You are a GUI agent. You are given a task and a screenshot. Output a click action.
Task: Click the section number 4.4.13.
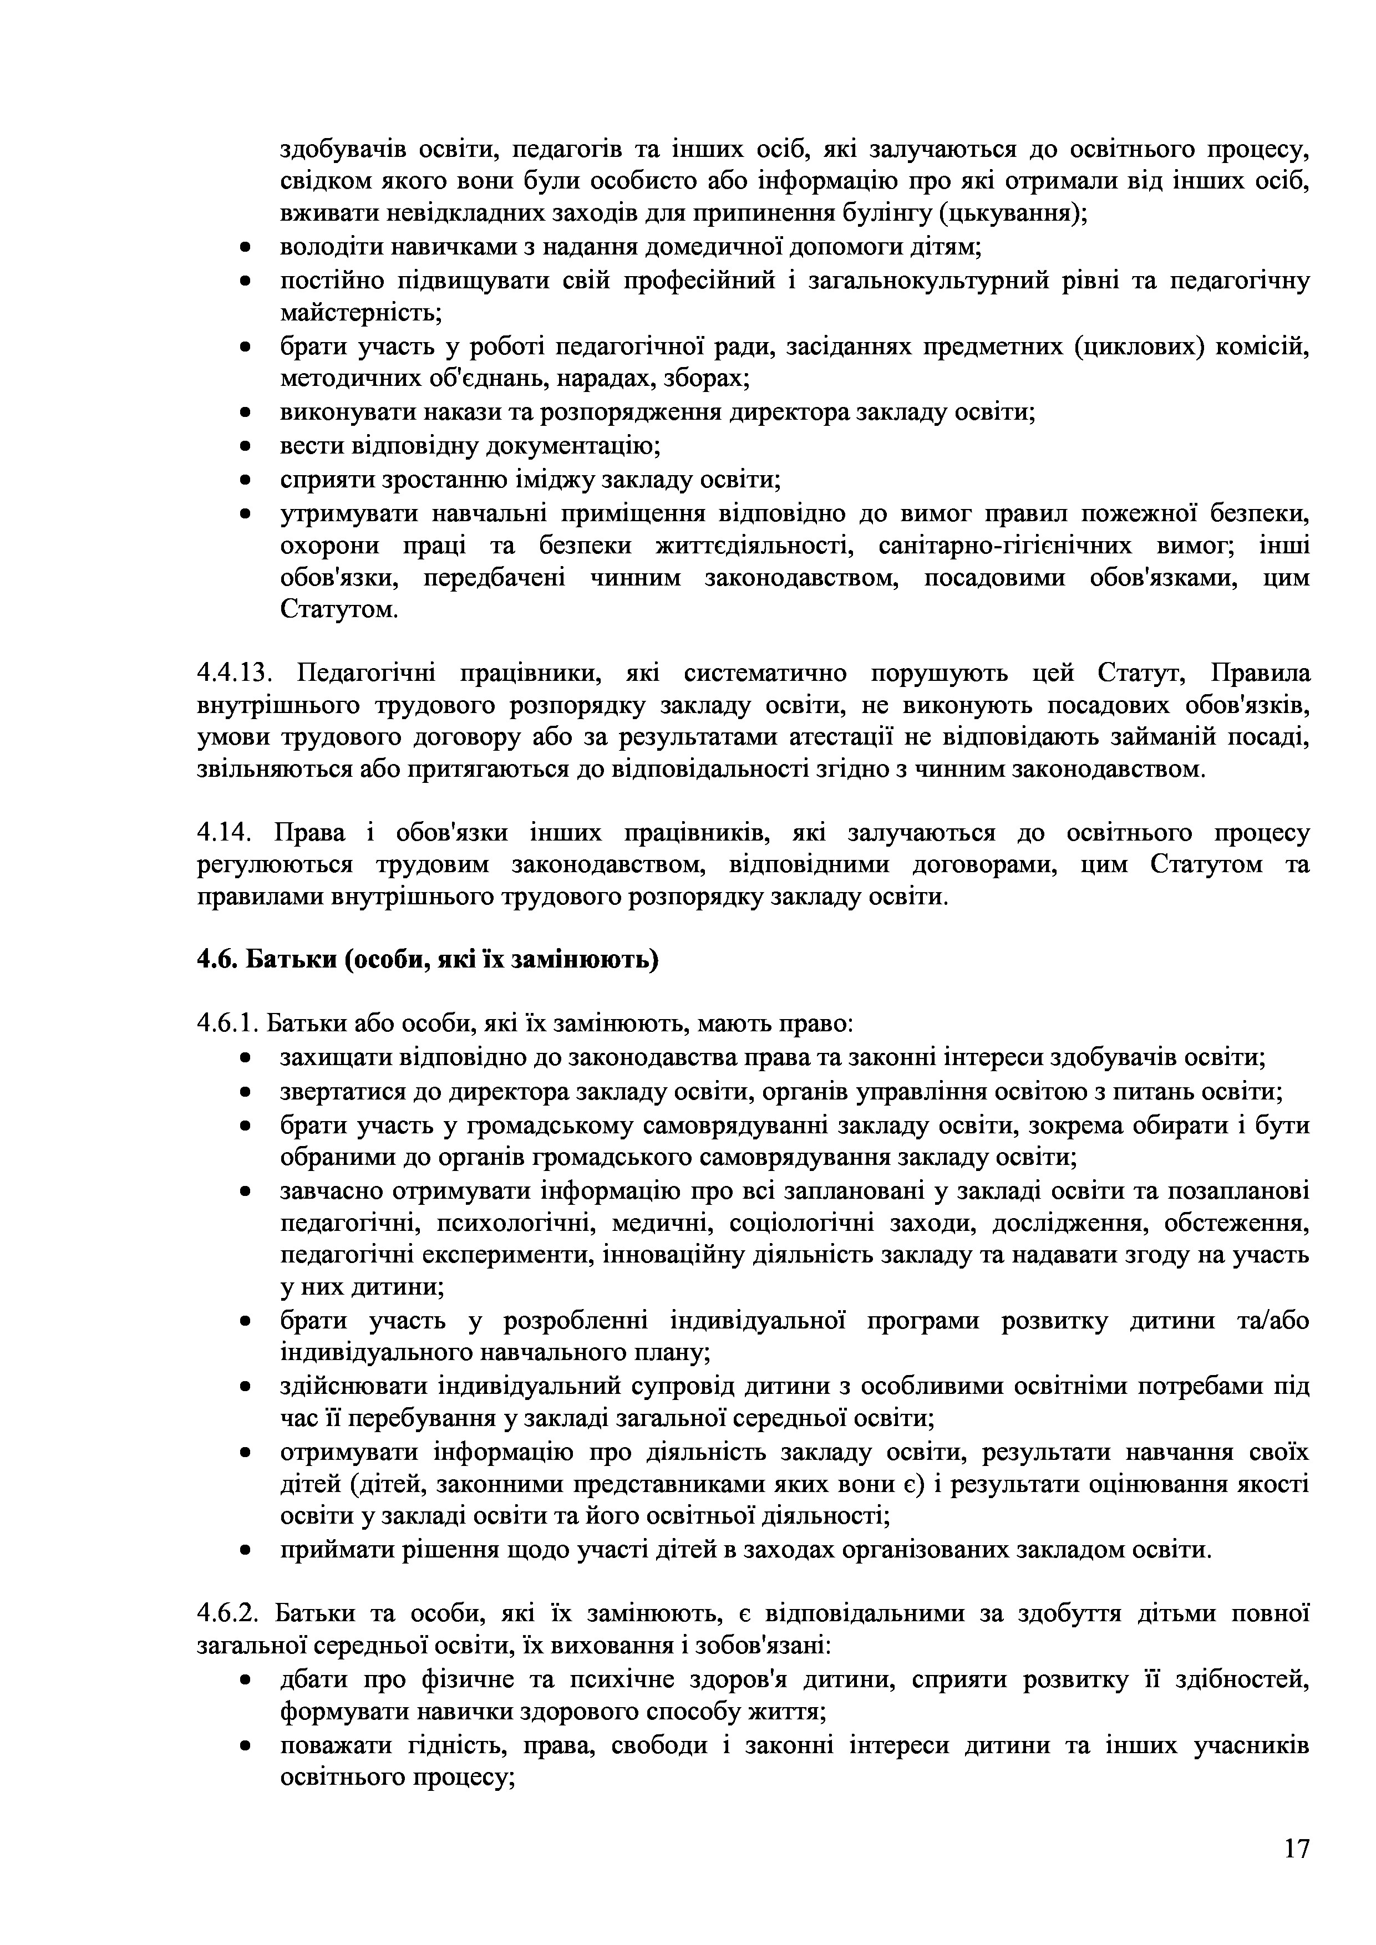click(x=232, y=674)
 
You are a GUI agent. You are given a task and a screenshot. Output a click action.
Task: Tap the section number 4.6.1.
click(x=228, y=1024)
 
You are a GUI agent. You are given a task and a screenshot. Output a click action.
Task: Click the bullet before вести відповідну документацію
click(x=245, y=446)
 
